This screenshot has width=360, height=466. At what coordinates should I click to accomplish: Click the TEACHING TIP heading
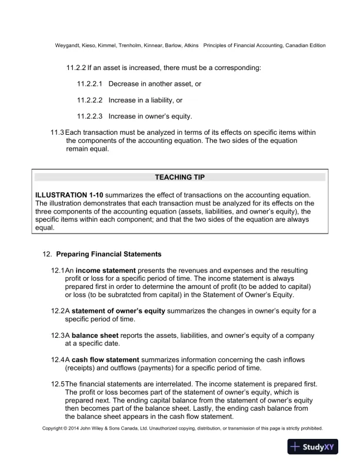(179, 177)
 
